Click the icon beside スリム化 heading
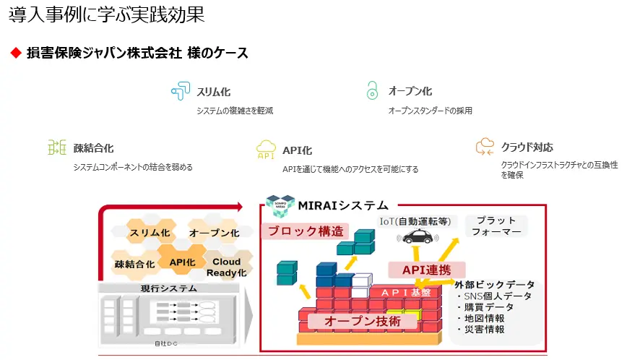coord(179,92)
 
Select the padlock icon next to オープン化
coord(372,91)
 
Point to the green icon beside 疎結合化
coord(56,148)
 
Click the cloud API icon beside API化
coord(266,150)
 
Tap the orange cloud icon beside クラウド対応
coord(485,147)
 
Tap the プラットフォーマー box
coord(496,226)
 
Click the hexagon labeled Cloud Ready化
coord(227,267)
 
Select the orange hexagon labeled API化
coord(182,262)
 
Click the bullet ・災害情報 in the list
coord(480,330)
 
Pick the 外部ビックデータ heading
coord(495,284)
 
